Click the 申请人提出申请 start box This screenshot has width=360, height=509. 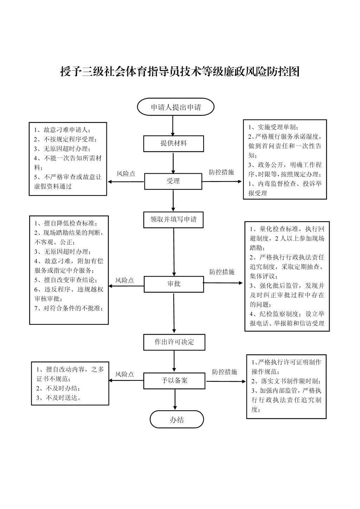click(175, 107)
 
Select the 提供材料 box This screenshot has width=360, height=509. click(173, 144)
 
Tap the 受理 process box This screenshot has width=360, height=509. click(173, 181)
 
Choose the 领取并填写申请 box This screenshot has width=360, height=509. click(173, 220)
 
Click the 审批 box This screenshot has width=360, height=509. click(174, 284)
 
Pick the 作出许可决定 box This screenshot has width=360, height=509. click(174, 342)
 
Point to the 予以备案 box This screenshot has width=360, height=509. click(174, 381)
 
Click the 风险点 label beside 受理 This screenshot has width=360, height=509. click(126, 174)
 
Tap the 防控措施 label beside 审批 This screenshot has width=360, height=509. click(222, 272)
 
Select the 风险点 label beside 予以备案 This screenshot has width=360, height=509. click(124, 374)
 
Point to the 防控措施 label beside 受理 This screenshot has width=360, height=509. click(221, 172)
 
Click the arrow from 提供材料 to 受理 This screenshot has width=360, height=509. click(173, 163)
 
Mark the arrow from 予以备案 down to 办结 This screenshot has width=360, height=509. click(175, 399)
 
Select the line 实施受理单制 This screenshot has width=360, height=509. click(273, 127)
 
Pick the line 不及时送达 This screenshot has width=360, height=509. click(59, 398)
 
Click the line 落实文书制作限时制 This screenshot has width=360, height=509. click(286, 381)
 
